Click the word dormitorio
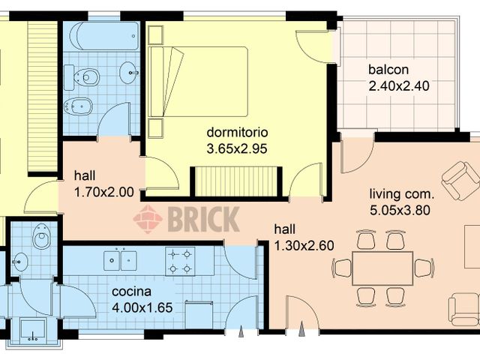(x=237, y=133)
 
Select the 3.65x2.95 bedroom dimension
(x=237, y=148)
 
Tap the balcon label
(x=388, y=70)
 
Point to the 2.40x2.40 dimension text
(x=398, y=85)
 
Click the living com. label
(x=400, y=194)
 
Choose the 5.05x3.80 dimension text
(x=400, y=210)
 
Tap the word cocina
(x=131, y=291)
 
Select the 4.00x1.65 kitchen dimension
(x=142, y=307)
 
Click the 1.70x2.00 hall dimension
(x=103, y=192)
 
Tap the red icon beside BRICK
(x=148, y=220)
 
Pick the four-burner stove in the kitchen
(x=180, y=261)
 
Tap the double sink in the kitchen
(x=120, y=261)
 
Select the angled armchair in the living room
(x=460, y=181)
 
